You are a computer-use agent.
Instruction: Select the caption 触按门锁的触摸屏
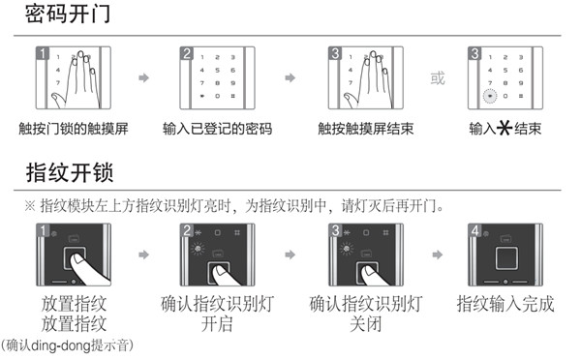tap(73, 129)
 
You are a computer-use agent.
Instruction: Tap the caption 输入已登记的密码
tap(218, 129)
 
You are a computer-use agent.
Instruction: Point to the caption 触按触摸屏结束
tap(363, 129)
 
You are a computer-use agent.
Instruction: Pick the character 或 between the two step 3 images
tap(438, 78)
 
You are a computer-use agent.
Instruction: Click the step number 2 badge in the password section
tap(187, 52)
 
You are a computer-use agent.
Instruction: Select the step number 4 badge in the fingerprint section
tap(475, 230)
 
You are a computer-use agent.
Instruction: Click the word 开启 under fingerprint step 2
tap(218, 324)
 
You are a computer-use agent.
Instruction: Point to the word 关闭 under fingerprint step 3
tap(363, 324)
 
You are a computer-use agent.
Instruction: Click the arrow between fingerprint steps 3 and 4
tap(438, 255)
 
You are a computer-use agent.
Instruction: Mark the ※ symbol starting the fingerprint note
tap(31, 207)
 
